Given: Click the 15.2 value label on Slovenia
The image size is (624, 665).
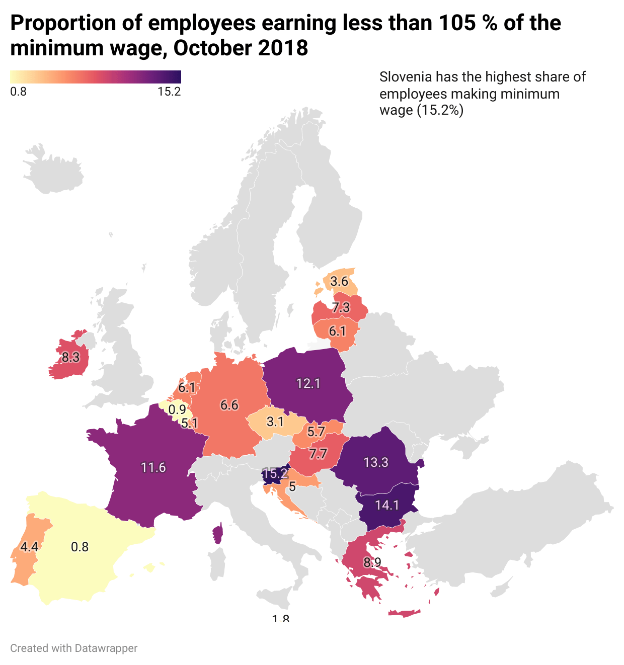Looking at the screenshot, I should (x=275, y=473).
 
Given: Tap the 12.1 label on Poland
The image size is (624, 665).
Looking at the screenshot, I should (x=308, y=383).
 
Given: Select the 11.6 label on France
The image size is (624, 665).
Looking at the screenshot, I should (x=153, y=468).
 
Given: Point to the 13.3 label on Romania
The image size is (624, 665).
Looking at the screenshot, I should (x=376, y=462).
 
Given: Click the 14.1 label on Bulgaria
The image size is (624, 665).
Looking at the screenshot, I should (x=386, y=505).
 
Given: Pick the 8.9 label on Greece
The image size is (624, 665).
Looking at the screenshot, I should (x=372, y=562).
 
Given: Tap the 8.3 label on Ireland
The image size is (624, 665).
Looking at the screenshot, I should (x=70, y=358).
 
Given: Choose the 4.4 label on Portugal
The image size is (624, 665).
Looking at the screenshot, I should (x=29, y=547).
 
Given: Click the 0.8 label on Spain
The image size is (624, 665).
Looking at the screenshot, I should (x=80, y=547).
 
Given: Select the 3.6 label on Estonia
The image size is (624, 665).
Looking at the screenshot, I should (x=339, y=281).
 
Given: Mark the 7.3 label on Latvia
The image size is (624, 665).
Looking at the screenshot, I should (x=341, y=307).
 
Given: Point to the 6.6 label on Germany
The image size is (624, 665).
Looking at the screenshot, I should (x=229, y=405).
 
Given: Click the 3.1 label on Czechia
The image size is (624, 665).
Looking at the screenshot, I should (x=275, y=422).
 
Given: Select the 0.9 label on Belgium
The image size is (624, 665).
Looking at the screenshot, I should (x=177, y=409).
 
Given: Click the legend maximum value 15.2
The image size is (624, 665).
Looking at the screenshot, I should (x=169, y=92).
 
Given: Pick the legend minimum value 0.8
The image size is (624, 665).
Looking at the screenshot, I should (x=18, y=92).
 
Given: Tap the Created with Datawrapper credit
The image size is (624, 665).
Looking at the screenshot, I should (x=73, y=648).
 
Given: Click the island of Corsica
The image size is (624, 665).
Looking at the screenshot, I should (x=218, y=533).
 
